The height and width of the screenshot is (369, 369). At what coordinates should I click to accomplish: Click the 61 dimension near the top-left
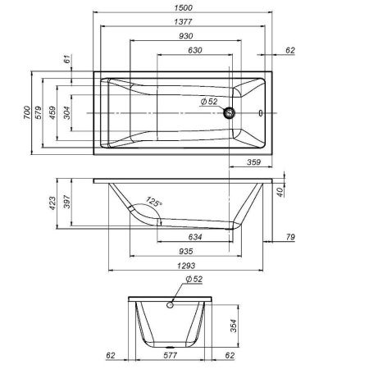[x=67, y=59]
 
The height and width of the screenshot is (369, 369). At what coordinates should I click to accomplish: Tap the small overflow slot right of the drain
[x=261, y=113]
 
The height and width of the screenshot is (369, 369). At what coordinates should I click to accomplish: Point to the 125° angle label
[x=153, y=201]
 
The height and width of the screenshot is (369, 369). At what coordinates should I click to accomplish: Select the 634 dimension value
[x=197, y=239]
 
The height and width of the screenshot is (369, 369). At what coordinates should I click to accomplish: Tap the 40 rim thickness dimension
[x=280, y=192]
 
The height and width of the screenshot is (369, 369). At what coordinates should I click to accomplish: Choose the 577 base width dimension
[x=171, y=358]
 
